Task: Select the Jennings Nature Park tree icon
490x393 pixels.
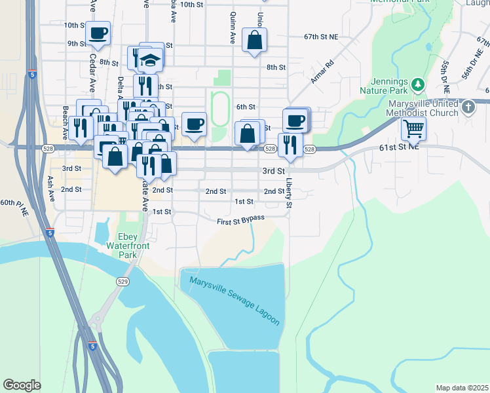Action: tap(417, 84)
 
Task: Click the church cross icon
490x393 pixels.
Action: tap(468, 106)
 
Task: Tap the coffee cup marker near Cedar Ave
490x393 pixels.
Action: tap(98, 33)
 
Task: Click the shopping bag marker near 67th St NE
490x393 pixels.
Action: tap(254, 39)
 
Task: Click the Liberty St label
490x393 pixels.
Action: tap(289, 193)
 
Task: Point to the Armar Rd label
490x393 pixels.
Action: tap(323, 71)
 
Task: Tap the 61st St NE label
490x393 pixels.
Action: tap(398, 147)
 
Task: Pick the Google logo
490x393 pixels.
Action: tap(22, 385)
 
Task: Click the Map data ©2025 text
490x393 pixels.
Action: tap(462, 388)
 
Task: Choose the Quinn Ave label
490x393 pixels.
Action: tap(232, 29)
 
